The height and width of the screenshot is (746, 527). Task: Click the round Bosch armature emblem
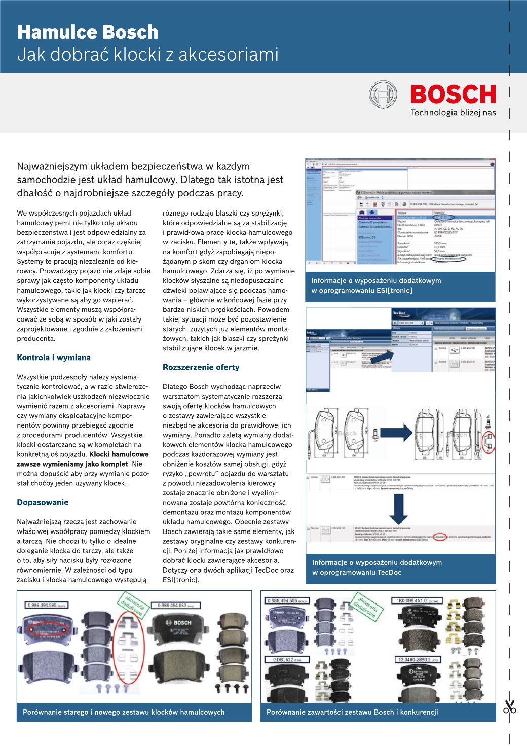pyautogui.click(x=383, y=94)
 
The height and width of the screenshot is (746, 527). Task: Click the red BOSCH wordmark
pyautogui.click(x=453, y=95)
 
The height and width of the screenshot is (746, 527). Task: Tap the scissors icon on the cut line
pyautogui.click(x=509, y=706)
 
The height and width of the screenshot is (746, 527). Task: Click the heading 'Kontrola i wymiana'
pyautogui.click(x=54, y=358)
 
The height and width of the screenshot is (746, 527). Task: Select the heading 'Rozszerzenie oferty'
pyautogui.click(x=201, y=367)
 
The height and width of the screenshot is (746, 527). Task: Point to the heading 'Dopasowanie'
pyautogui.click(x=43, y=502)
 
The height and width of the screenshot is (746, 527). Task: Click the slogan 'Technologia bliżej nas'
pyautogui.click(x=453, y=113)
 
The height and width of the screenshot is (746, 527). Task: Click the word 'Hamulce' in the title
pyautogui.click(x=51, y=32)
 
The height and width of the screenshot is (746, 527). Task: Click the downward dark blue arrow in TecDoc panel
pyautogui.click(x=398, y=509)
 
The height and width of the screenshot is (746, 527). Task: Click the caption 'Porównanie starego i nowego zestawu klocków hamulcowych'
pyautogui.click(x=124, y=712)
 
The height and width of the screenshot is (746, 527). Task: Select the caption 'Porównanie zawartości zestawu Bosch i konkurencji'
pyautogui.click(x=352, y=712)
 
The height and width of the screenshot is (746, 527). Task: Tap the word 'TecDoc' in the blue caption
pyautogui.click(x=389, y=572)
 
